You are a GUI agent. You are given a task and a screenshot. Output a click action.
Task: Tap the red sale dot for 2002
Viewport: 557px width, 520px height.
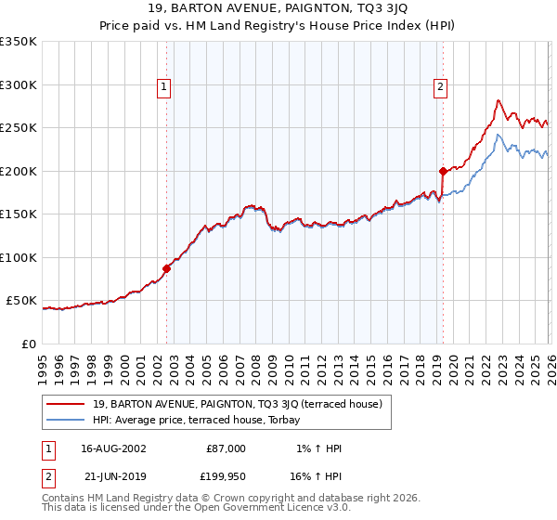coord(167,268)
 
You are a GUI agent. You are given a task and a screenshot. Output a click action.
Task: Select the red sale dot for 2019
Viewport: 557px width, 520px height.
coord(443,171)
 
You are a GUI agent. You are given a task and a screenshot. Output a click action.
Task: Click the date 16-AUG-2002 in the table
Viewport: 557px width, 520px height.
coord(113,448)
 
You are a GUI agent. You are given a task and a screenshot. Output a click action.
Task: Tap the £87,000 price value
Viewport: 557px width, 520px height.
coord(226,448)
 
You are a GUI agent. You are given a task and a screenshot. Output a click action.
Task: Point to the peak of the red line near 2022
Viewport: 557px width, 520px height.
coord(499,100)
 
